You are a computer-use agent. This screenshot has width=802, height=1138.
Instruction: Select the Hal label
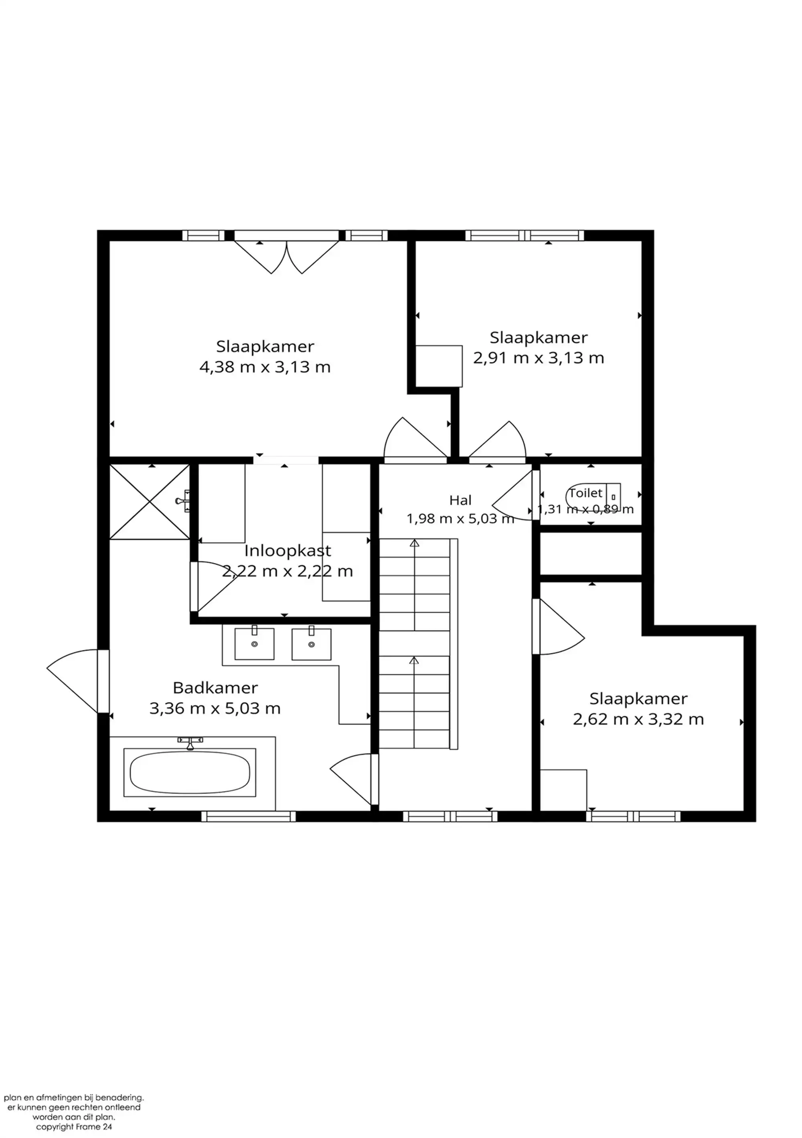click(x=460, y=500)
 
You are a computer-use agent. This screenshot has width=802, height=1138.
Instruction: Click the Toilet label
click(x=585, y=493)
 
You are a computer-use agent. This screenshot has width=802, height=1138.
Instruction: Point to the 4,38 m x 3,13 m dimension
click(x=265, y=367)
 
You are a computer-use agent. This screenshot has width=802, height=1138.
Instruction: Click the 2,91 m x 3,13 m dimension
click(x=539, y=358)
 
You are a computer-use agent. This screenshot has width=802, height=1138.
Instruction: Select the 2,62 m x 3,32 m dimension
click(x=638, y=719)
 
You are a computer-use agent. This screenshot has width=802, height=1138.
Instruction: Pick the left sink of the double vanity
click(x=254, y=644)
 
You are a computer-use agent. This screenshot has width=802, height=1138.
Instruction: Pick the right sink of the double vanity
click(x=311, y=644)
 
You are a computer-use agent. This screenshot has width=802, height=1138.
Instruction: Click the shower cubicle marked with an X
click(x=149, y=502)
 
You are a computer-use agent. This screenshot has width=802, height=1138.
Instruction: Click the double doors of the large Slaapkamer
click(x=286, y=257)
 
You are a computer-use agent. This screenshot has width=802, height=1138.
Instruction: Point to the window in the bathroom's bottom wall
click(x=248, y=816)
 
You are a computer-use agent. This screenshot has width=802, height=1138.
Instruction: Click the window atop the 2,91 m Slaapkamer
click(x=525, y=235)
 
